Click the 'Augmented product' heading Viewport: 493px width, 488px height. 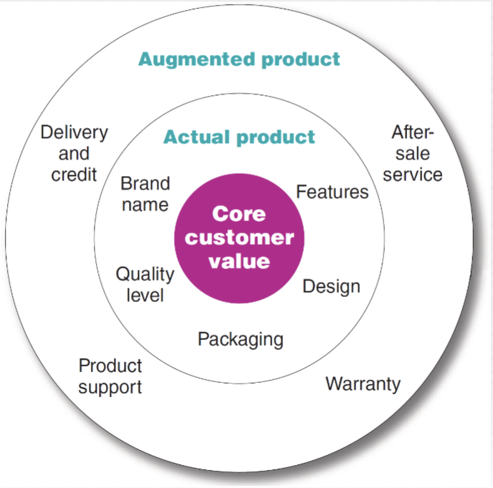click(x=239, y=59)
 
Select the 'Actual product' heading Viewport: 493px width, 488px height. click(x=239, y=137)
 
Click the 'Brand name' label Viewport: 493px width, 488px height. click(x=145, y=194)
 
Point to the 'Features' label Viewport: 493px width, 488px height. click(x=332, y=192)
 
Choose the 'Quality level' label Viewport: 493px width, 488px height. click(x=145, y=284)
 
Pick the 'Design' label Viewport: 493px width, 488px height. click(x=331, y=287)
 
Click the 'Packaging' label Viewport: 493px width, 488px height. click(x=240, y=338)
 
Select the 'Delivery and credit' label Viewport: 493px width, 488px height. click(x=74, y=153)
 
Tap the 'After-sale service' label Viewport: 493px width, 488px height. click(x=413, y=153)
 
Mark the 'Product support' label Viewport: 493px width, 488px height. click(x=110, y=376)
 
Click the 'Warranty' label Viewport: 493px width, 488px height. click(x=363, y=384)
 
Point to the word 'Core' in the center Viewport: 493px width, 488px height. click(x=239, y=214)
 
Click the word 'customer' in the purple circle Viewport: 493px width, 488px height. click(x=239, y=238)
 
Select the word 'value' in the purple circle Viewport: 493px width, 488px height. click(x=239, y=261)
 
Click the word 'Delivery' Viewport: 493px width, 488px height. click(x=74, y=132)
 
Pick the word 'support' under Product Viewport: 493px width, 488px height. click(x=110, y=387)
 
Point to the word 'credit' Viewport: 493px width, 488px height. click(x=74, y=175)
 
